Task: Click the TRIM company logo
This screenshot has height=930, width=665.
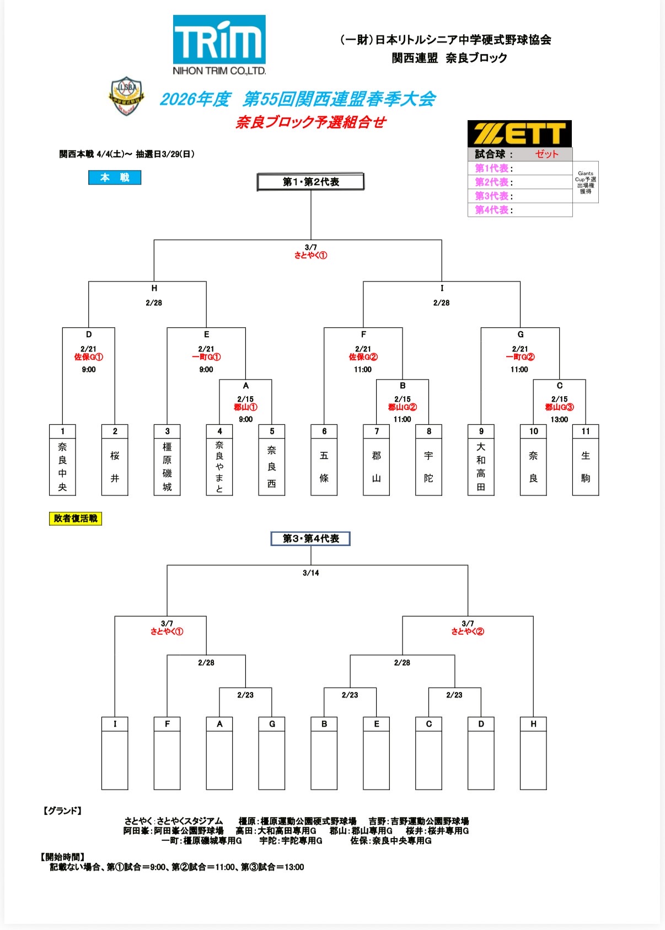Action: point(219,45)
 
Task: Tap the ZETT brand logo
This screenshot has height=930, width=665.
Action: point(519,134)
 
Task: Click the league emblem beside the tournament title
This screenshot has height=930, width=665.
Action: point(126,96)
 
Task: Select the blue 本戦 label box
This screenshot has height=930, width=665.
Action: point(115,177)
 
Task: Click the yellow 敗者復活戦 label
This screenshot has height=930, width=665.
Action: point(76,518)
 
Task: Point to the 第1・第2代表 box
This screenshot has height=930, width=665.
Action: point(310,182)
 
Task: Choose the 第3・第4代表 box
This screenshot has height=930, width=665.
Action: point(310,539)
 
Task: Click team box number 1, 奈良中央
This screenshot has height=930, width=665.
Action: point(62,460)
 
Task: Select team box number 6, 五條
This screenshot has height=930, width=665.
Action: point(324,460)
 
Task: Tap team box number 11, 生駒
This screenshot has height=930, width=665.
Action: point(586,460)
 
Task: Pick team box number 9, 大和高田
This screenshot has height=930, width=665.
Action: point(481,460)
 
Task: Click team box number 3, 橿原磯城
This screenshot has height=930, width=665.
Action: point(167,460)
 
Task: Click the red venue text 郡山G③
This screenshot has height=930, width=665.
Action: point(559,407)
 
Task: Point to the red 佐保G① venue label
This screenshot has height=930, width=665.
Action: point(89,357)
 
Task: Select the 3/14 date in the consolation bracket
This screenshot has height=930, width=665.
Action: point(310,573)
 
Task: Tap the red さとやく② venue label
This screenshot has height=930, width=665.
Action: point(468,631)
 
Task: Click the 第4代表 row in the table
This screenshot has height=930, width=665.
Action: point(519,210)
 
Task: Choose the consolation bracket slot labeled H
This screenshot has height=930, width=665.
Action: point(533,753)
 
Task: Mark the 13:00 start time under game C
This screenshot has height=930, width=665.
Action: point(559,419)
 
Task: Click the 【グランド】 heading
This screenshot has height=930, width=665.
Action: point(62,810)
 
